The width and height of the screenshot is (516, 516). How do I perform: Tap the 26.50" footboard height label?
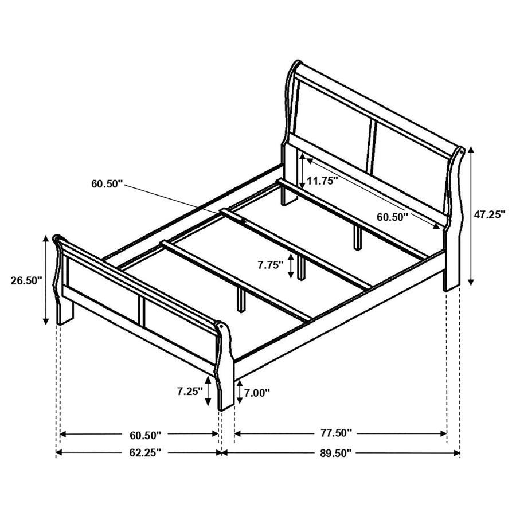(26, 280)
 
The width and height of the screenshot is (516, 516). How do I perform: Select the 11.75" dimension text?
(322, 181)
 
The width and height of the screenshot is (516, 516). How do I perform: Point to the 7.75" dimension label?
(271, 265)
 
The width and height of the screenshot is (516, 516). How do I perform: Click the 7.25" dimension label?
(190, 392)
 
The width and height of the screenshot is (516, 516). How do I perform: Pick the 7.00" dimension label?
(256, 393)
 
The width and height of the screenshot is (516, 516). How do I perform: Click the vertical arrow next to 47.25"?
(471, 215)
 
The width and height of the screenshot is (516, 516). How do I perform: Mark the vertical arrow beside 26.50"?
(46, 280)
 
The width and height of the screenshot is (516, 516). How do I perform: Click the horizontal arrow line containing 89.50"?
(401, 453)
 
